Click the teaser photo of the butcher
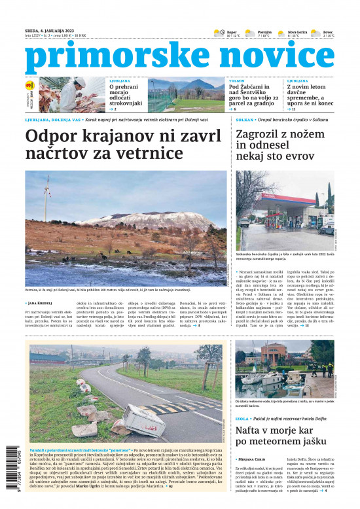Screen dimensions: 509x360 coord(70,94)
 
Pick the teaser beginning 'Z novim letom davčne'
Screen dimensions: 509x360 coord(308,96)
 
